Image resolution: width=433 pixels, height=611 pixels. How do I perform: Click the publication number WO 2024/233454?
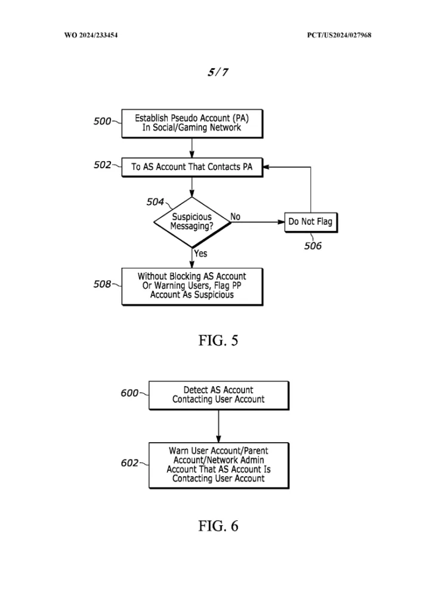[91, 35]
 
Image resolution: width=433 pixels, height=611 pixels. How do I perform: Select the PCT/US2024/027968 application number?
[339, 35]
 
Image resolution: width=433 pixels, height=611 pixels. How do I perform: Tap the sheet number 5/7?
[218, 72]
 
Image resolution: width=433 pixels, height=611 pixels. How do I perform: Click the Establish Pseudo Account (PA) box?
[192, 124]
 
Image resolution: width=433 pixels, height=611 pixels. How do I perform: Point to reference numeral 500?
[102, 121]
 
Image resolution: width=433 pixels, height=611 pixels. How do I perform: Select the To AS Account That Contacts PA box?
[192, 167]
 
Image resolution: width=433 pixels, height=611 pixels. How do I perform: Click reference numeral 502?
[102, 165]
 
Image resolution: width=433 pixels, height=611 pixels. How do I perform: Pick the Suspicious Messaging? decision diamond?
[192, 222]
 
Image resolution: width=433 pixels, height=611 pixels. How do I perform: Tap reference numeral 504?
[155, 202]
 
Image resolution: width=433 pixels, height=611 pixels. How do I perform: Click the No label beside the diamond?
[235, 217]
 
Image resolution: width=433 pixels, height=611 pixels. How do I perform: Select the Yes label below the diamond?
[200, 254]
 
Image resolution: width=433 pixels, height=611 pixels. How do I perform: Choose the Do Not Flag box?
[311, 222]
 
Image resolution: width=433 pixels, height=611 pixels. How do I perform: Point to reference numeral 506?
[313, 246]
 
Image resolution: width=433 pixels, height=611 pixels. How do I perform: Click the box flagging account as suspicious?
[192, 286]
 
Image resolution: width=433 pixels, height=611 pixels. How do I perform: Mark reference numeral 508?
[102, 284]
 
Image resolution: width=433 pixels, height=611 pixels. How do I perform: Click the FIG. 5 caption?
[218, 341]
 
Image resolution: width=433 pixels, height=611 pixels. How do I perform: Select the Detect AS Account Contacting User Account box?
[218, 395]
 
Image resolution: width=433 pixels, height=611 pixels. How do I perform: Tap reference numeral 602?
[129, 463]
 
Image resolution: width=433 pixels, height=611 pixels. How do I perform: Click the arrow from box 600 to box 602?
[218, 426]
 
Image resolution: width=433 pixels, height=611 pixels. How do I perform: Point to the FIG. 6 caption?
[218, 526]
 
